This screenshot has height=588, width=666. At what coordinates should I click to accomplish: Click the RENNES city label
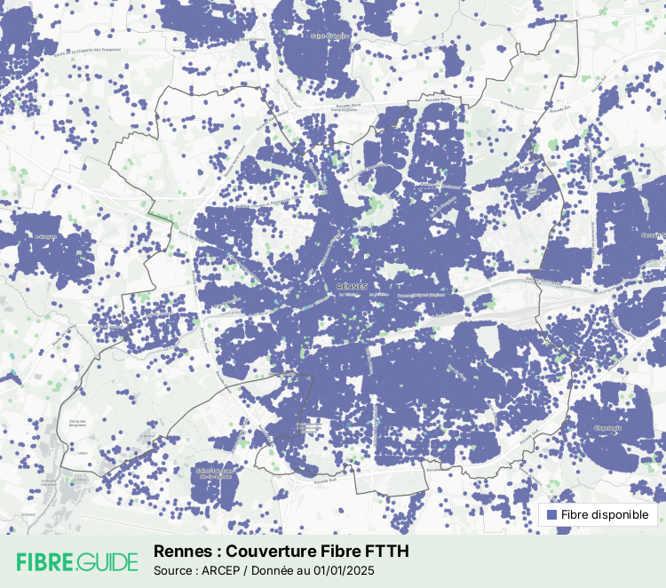[353, 287]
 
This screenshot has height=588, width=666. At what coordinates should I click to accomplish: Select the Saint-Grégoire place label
[329, 36]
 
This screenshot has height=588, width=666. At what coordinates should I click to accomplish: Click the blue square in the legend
[551, 514]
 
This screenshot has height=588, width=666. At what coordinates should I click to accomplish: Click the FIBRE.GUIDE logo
[77, 561]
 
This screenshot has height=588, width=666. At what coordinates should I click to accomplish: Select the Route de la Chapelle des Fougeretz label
[86, 52]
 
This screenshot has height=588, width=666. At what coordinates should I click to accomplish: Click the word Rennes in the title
[178, 551]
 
